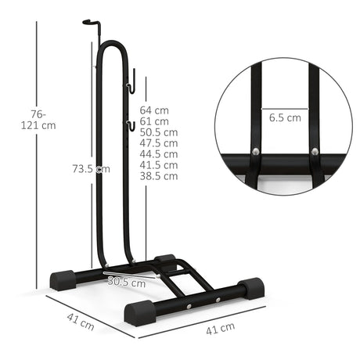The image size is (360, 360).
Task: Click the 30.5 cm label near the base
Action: [126, 281]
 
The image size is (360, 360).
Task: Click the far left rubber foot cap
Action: [63, 278]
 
